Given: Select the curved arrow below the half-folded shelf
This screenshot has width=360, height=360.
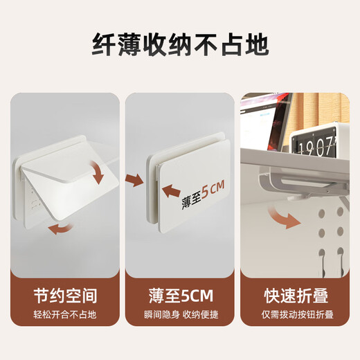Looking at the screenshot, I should pos(59,228).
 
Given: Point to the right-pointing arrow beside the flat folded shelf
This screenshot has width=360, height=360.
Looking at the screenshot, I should pos(134,181).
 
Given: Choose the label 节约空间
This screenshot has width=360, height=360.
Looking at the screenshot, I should pos(65,297).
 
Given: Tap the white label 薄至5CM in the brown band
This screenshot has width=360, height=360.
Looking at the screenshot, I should pos(179,297).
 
